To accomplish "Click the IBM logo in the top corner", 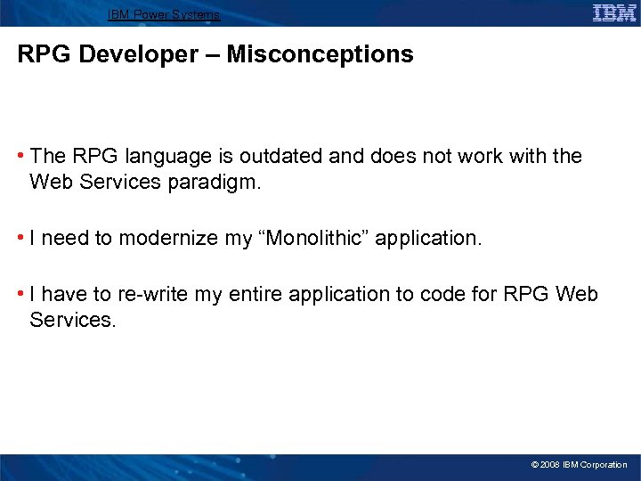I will tap(614, 12).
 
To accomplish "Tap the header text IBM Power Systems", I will tap(164, 15).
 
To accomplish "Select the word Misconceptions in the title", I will tap(320, 54).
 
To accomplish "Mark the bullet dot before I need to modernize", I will tap(21, 239).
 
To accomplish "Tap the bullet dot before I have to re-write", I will tap(21, 294).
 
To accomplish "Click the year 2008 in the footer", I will tap(551, 465).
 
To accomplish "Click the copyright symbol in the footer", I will tap(534, 465).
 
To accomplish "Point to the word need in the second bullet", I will tap(61, 239).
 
